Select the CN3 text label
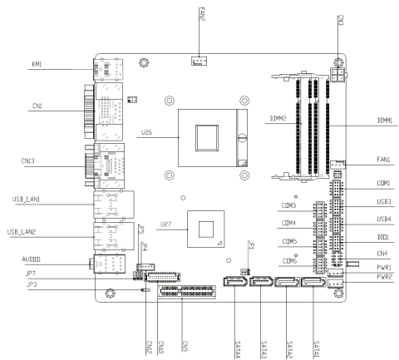coord(341,16)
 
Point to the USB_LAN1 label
coord(25,199)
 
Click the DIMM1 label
coord(384,121)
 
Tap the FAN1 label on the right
coord(384,158)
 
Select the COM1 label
coord(383,183)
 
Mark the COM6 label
coord(289,260)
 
